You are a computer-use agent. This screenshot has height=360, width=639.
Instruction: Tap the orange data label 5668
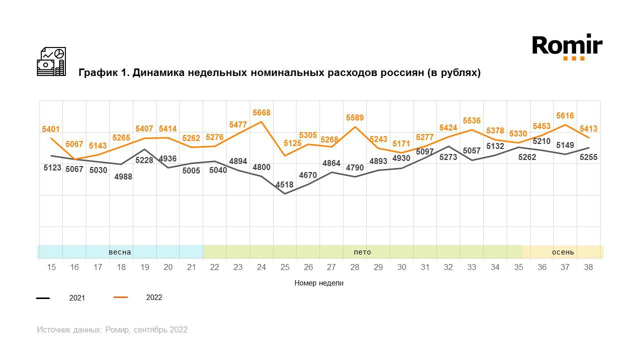(x=262, y=113)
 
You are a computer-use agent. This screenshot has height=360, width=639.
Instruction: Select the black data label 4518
(x=285, y=184)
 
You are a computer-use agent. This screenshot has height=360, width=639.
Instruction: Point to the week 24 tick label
(x=262, y=267)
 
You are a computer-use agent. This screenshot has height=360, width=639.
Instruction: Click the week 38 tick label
(x=589, y=267)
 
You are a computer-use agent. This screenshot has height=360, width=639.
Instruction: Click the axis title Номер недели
(x=319, y=283)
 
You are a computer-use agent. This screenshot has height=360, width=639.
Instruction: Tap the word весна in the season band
(x=120, y=252)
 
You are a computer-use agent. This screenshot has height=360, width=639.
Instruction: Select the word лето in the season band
(x=362, y=252)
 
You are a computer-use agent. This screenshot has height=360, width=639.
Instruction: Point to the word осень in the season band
(x=563, y=252)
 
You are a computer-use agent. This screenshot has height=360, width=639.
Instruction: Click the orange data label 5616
(x=565, y=116)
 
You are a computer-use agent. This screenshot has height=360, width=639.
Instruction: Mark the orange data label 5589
(x=355, y=118)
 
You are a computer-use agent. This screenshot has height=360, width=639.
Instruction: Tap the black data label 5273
(x=448, y=157)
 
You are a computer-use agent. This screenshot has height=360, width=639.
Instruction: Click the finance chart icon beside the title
(x=51, y=61)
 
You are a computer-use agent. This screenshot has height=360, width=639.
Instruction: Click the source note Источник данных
(x=112, y=330)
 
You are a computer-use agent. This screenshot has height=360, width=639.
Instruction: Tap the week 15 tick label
(x=51, y=267)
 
